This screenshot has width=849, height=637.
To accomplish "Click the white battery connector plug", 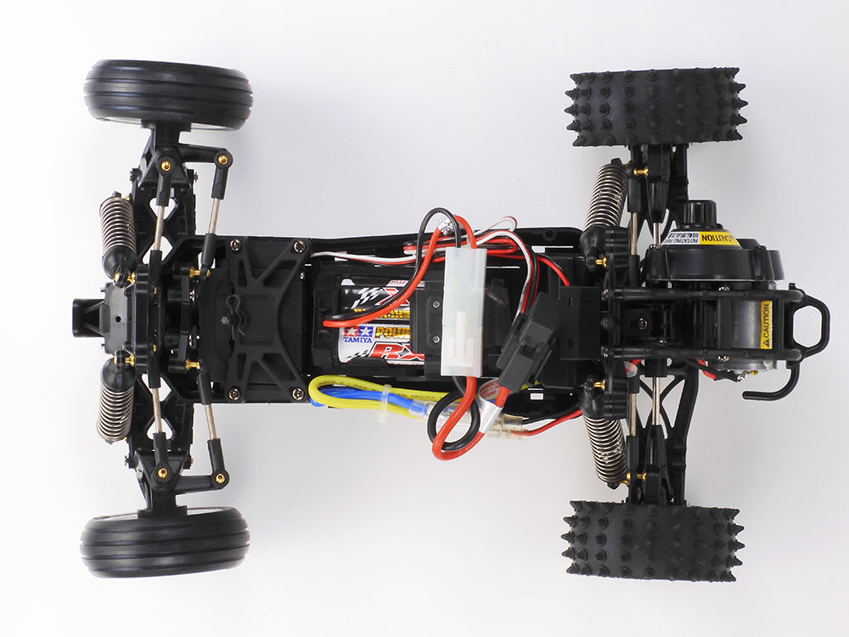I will [464, 312].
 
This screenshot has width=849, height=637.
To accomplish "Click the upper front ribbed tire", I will [168, 93].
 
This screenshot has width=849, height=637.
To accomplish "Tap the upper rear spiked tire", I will [655, 106].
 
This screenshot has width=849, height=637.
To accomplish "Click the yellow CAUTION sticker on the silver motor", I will [765, 324].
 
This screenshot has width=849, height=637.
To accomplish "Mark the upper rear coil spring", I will [606, 196].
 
